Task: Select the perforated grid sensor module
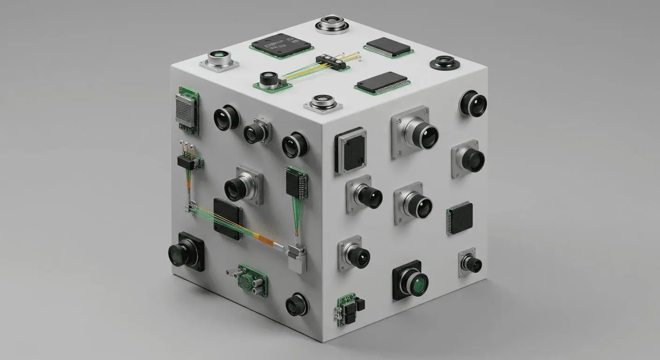coord(187,110)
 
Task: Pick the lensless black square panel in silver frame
coord(351,150)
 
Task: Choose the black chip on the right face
coord(460,217)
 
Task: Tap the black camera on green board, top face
coord(270,80)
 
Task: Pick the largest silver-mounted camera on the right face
coord(415,132)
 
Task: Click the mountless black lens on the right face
coord(473,104)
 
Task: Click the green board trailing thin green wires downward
coord(296,183)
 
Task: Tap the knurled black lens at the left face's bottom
coord(297,304)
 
